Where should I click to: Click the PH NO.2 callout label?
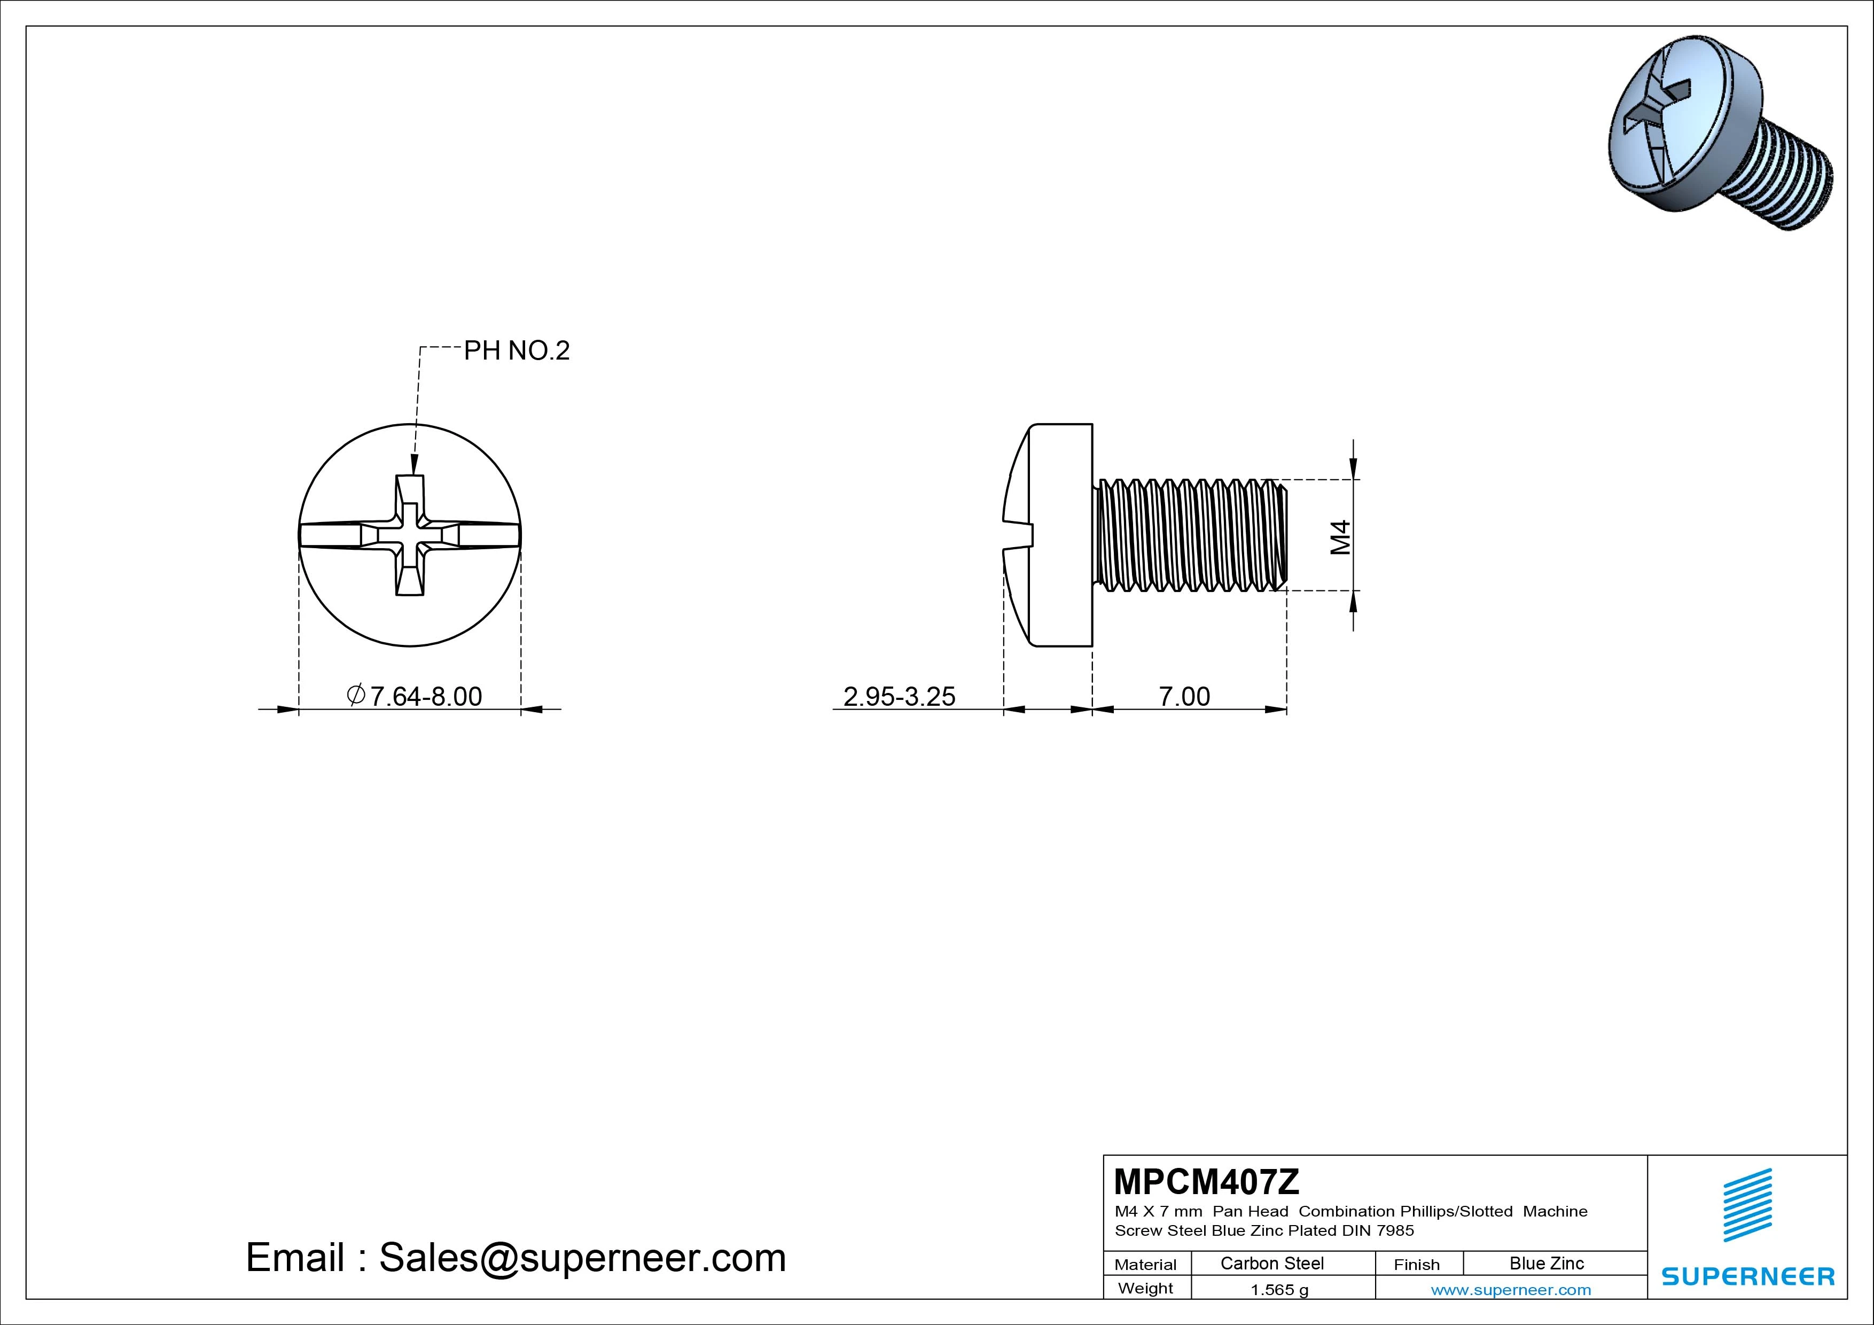click(x=517, y=351)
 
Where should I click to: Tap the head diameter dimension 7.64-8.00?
click(x=415, y=696)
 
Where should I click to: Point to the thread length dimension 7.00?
click(x=1184, y=696)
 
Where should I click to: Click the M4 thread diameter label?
click(x=1340, y=538)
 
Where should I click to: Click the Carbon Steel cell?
click(x=1271, y=1264)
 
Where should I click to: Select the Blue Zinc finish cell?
click(x=1547, y=1264)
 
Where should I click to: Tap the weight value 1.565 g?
click(x=1279, y=1290)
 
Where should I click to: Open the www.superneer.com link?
click(x=1511, y=1290)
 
